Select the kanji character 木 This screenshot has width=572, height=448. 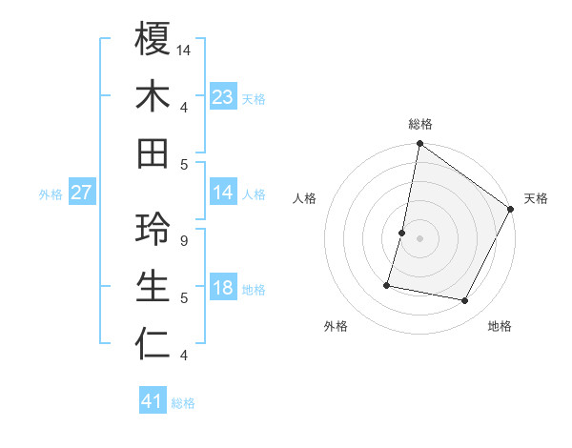153,95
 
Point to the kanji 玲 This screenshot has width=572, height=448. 153,229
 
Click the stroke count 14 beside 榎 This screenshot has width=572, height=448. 184,49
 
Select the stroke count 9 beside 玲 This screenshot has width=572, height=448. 183,240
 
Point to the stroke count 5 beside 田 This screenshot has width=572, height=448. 183,165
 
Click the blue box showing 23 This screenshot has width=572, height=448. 223,97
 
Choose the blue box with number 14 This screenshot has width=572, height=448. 223,193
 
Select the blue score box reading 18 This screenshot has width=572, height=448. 223,289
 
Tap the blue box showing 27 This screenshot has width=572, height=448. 82,193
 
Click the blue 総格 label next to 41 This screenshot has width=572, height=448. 183,403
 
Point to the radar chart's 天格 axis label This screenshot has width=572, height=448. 536,198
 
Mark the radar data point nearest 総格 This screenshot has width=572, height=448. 419,145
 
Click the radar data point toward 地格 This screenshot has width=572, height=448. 465,301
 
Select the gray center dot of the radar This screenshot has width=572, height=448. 419,238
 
